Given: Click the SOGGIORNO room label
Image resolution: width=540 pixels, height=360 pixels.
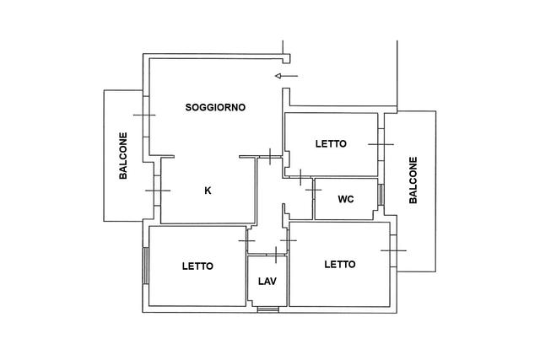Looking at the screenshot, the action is (215, 107).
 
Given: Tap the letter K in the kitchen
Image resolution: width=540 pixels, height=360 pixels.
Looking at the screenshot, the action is (208, 191).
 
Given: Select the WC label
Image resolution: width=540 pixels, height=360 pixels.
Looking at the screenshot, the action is (346, 199).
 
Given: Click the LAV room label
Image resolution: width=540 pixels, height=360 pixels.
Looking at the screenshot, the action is (267, 282).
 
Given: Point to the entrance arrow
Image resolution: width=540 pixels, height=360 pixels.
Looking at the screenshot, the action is (286, 76).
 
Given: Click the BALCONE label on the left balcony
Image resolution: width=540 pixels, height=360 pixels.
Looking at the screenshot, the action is (123, 156).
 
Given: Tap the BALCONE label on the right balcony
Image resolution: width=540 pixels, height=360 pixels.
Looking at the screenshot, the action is (413, 180).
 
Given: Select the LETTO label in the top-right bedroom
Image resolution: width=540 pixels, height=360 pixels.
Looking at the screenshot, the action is (331, 144).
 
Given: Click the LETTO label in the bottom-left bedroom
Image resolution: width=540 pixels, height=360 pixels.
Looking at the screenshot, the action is (197, 266).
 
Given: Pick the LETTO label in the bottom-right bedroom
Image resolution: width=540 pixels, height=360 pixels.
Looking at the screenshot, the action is (340, 265).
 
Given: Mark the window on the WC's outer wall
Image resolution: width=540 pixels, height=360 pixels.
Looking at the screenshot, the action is (381, 195).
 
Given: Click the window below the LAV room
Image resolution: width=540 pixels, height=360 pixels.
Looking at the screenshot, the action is (268, 309).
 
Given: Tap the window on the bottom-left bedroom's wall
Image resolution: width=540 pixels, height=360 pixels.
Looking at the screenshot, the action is (146, 266).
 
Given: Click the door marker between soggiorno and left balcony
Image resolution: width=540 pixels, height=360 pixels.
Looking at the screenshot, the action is (144, 115).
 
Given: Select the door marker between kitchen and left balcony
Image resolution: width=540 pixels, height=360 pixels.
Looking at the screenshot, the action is (158, 191).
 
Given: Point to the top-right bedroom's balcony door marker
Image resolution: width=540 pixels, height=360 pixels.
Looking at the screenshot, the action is (381, 144).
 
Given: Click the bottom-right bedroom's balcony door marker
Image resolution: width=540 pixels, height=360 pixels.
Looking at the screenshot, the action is (394, 250).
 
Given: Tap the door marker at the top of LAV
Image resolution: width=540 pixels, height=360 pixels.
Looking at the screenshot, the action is (276, 255).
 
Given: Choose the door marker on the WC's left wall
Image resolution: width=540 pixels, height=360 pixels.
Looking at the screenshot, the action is (313, 190).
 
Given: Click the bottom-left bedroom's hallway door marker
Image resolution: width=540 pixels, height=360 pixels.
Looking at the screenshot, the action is (247, 240).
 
